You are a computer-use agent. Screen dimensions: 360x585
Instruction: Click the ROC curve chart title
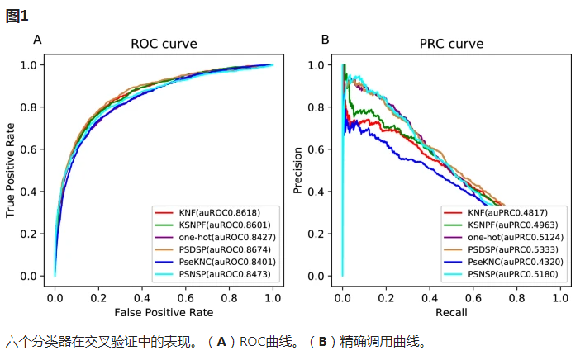pos(164,45)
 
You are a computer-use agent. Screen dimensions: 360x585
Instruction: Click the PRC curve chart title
pos(451,45)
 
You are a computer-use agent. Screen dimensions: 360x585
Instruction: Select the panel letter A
pos(37,39)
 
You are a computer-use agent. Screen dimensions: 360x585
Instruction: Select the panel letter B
pos(325,39)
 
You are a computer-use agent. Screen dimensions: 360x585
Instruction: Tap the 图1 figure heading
pos(17,16)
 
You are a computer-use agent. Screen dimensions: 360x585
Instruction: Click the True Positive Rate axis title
pos(12,170)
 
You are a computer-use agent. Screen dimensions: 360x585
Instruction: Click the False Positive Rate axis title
pos(164,312)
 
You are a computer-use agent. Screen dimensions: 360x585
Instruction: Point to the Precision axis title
pos(299,170)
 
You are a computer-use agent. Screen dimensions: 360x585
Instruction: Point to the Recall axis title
pos(450,312)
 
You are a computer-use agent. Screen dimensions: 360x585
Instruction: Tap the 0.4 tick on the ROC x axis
pos(141,296)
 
